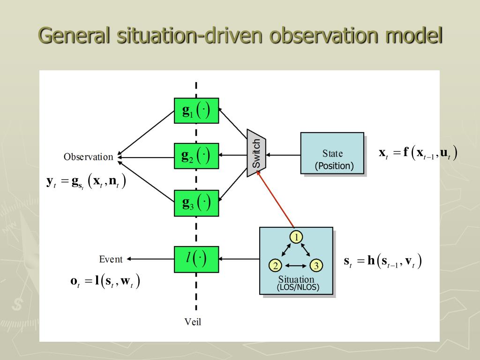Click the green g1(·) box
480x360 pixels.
pos(196,111)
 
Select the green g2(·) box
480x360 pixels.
pos(196,156)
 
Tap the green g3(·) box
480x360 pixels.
pos(196,203)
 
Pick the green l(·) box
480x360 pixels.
pos(196,259)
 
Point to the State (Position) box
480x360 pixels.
pos(332,153)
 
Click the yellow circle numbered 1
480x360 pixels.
pos(296,237)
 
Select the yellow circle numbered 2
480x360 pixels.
pos(276,266)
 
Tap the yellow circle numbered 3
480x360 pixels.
pos(316,266)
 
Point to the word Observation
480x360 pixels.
pos(89,157)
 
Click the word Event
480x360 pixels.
pos(111,259)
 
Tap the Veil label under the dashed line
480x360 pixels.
pos(193,322)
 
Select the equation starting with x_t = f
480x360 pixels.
pos(418,153)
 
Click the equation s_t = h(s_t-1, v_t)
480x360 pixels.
pos(382,261)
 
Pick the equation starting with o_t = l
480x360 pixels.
pos(105,281)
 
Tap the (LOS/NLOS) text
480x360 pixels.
pos(298,287)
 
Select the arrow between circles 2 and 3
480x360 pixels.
pos(296,266)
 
